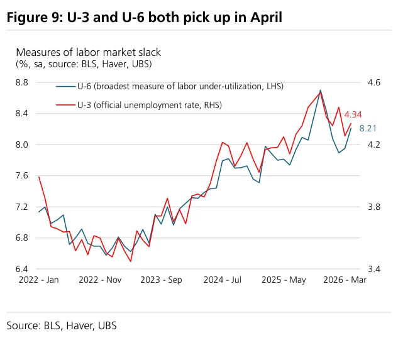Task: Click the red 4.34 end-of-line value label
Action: click(353, 115)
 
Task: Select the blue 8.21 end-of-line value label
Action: click(368, 128)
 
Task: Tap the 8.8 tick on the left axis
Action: click(22, 83)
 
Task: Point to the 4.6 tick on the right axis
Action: click(374, 83)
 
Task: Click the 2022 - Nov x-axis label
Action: click(100, 280)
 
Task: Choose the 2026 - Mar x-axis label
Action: click(345, 280)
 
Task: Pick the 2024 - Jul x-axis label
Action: click(223, 280)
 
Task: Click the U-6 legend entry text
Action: click(180, 87)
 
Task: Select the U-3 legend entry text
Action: click(150, 105)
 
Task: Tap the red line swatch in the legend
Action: click(66, 105)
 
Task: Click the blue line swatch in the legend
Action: click(66, 87)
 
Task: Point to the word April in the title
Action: click(266, 18)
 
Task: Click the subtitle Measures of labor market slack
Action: click(88, 53)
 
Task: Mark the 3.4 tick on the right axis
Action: click(374, 269)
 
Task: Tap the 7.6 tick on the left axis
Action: click(22, 175)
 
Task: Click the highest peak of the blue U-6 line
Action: click(320, 90)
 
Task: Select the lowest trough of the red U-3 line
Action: click(131, 261)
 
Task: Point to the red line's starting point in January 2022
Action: click(39, 177)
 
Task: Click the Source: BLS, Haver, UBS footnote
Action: click(62, 325)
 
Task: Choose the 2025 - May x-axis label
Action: click(284, 280)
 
